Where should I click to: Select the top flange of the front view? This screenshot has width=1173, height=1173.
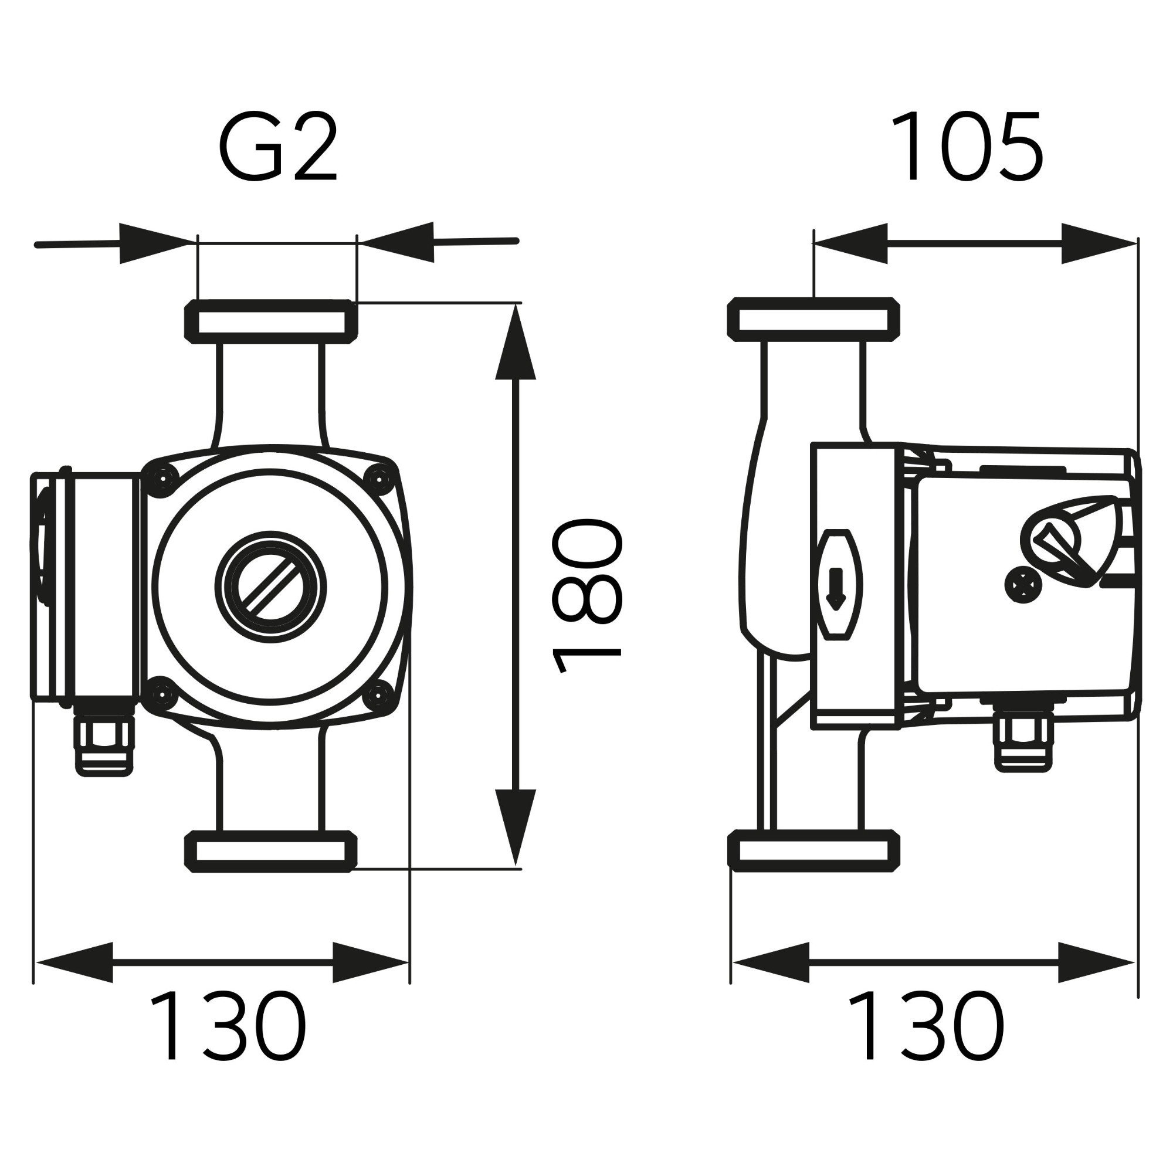(271, 321)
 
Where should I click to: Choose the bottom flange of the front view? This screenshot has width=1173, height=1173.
(271, 851)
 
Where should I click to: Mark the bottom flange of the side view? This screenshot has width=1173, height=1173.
(813, 850)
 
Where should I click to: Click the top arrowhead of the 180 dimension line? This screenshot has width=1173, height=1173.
(516, 343)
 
